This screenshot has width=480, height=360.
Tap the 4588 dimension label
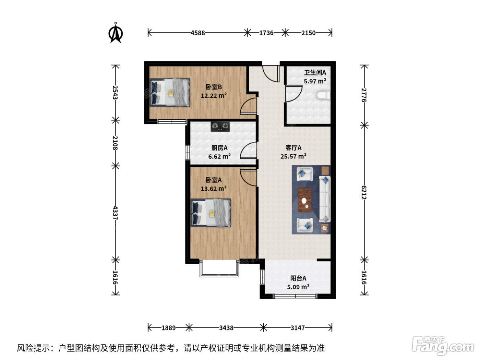(x=198, y=33)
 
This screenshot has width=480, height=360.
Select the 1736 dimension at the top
(x=266, y=33)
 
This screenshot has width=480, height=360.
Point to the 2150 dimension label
(x=308, y=33)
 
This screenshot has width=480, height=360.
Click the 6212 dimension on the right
(x=364, y=192)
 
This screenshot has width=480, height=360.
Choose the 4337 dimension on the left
(x=115, y=213)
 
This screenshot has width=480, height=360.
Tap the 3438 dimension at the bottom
(x=226, y=328)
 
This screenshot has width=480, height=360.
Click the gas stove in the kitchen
(x=220, y=127)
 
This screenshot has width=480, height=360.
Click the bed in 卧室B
(x=170, y=93)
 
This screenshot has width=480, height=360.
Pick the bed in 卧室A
(x=211, y=213)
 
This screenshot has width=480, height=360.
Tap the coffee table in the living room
(x=305, y=200)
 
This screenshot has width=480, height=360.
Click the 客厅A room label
(x=293, y=148)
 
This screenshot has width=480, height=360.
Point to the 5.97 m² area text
(x=315, y=81)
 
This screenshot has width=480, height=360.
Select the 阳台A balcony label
(x=298, y=278)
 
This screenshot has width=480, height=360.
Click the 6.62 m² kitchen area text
(x=219, y=156)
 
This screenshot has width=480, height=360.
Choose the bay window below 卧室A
(x=219, y=269)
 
